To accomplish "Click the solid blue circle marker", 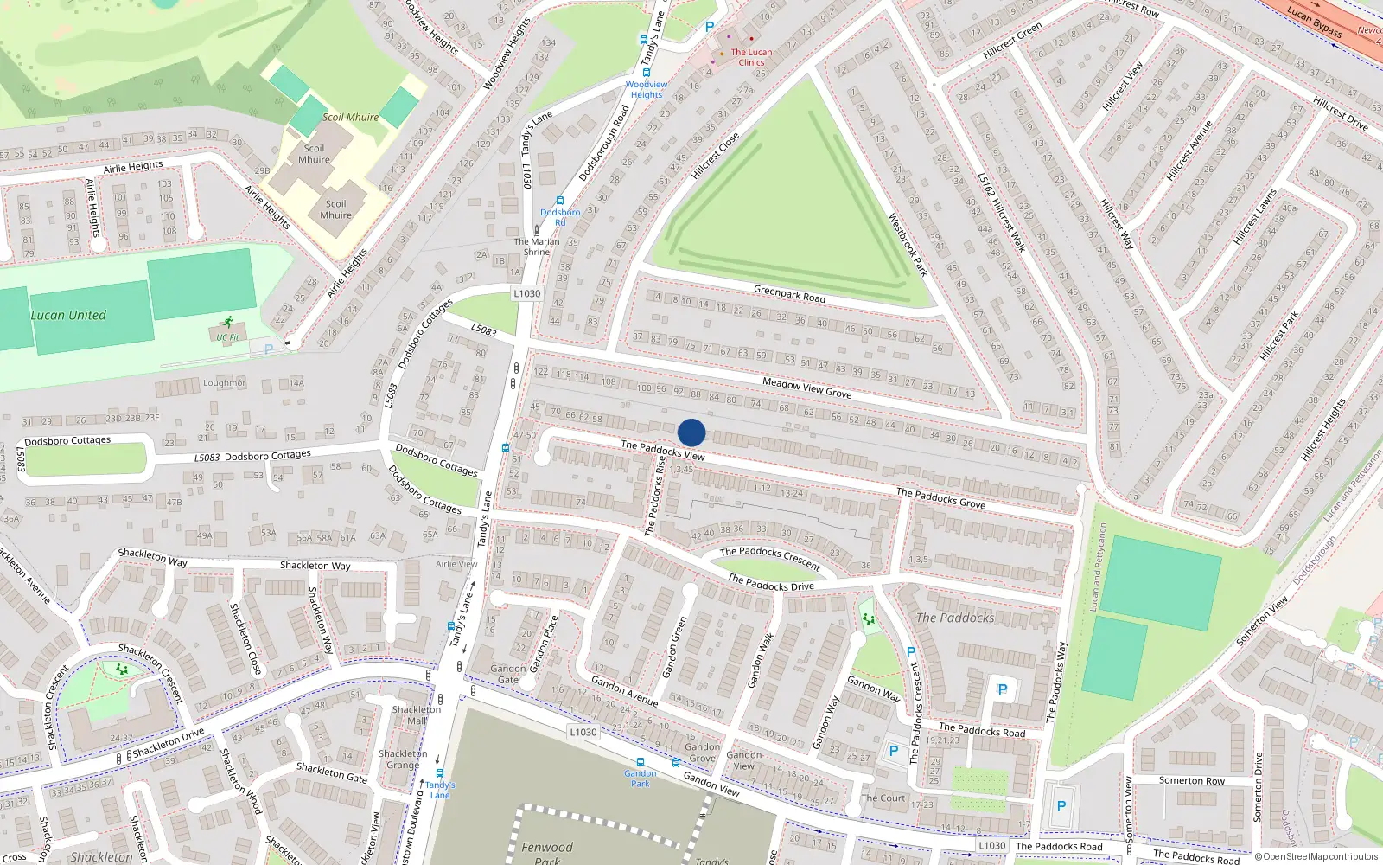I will pos(691,432).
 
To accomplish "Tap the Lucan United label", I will pos(68,316).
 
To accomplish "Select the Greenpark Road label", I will pos(789,295).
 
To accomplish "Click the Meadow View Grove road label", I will pos(806,388).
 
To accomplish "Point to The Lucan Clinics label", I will pos(751,57).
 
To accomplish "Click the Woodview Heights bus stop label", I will pos(647,90).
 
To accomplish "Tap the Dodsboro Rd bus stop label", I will pos(560,217).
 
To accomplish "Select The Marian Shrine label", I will pos(537,247).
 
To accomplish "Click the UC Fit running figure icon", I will pos(228,323).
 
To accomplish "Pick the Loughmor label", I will pos(225,382).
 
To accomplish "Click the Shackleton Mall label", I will pos(417,714).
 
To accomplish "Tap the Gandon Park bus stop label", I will pos(640,778).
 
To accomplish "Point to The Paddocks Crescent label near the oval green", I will pos(770,557).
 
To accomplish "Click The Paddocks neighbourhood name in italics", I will pos(955,618).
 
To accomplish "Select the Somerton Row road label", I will pos(1191,780).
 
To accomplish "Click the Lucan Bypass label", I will pos(1314,22).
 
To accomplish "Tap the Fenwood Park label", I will pos(546,852).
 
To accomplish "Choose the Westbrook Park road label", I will pos(908,245).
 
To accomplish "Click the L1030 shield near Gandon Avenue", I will pos(583,732).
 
